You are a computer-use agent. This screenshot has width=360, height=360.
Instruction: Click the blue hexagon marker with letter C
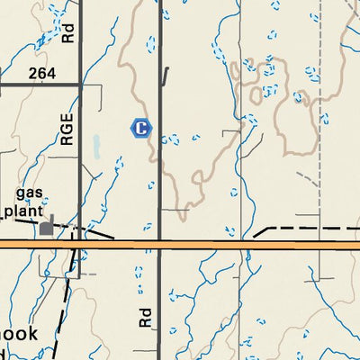tap(140, 129)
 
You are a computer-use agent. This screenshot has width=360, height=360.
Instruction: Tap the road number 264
tap(42, 73)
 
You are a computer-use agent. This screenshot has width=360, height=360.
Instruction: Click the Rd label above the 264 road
tap(68, 32)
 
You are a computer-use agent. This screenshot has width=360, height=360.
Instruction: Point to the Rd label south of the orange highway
tap(146, 315)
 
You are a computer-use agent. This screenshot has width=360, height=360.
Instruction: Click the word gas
tap(31, 194)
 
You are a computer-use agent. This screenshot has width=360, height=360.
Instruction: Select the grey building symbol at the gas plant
tap(46, 229)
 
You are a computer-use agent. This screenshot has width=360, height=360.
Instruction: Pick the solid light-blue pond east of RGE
tap(95, 146)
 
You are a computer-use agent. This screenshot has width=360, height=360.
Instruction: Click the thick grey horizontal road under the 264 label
tap(40, 85)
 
